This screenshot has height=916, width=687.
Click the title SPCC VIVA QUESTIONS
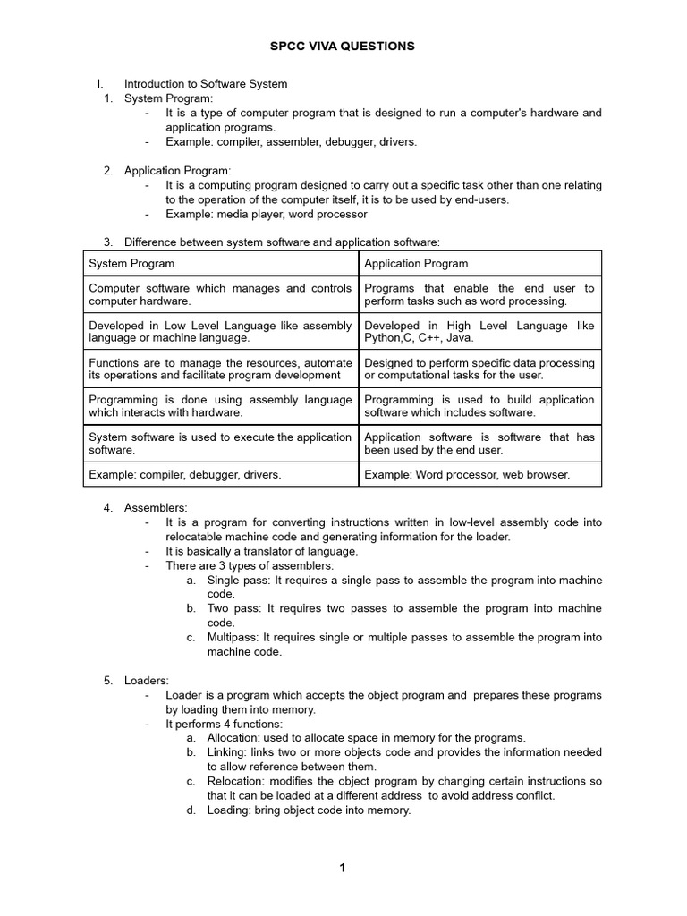click(x=343, y=47)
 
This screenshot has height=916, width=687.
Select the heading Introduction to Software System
click(x=206, y=84)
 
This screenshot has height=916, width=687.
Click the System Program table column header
click(x=131, y=264)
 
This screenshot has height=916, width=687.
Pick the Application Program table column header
click(x=416, y=264)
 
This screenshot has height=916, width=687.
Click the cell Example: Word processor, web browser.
click(x=467, y=475)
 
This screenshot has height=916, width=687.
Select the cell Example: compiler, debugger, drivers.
click(x=185, y=475)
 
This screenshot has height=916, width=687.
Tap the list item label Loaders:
click(x=147, y=681)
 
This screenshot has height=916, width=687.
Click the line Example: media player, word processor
click(x=267, y=215)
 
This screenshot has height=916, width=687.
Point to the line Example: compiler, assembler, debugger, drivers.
click(x=292, y=141)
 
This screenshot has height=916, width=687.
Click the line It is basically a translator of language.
click(x=262, y=551)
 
